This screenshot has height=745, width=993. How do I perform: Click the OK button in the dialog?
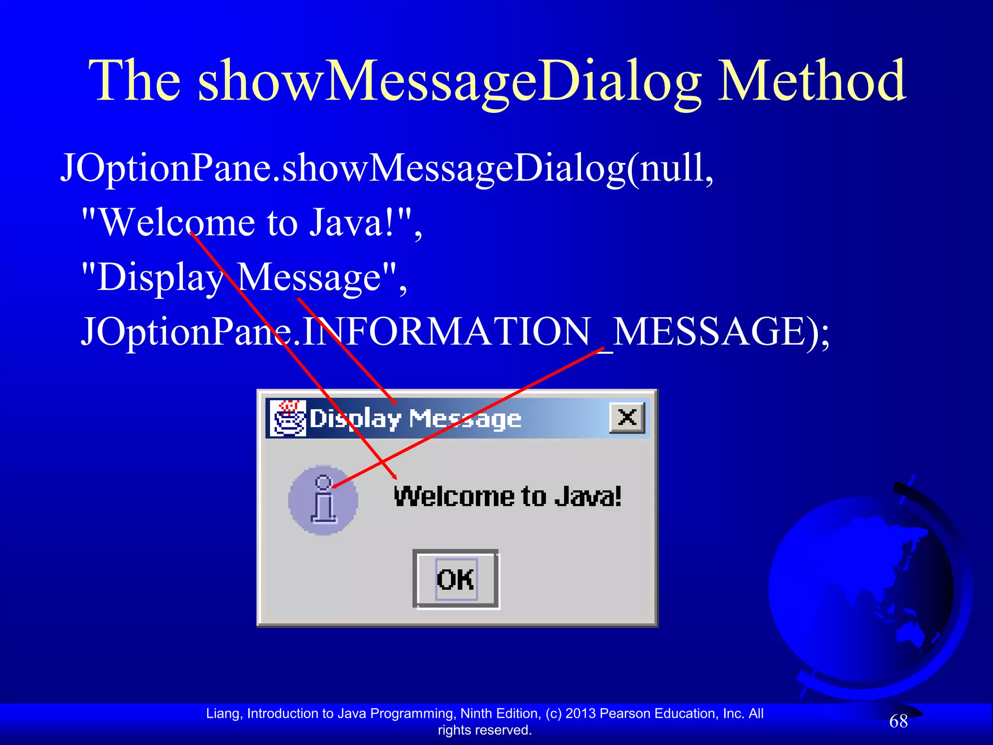pos(455,579)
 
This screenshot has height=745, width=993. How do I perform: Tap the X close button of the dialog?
pos(627,417)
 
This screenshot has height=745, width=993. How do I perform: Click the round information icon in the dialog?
pos(323,500)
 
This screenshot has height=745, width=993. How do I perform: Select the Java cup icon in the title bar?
pos(288,418)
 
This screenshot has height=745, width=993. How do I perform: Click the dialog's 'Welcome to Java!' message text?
pos(507,497)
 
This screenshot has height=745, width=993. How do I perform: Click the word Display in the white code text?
pos(160,277)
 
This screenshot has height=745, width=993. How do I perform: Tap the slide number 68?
pos(898,721)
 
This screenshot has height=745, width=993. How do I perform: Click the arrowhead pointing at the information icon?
pos(336,486)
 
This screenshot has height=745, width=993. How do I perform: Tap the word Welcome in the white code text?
pos(177,223)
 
